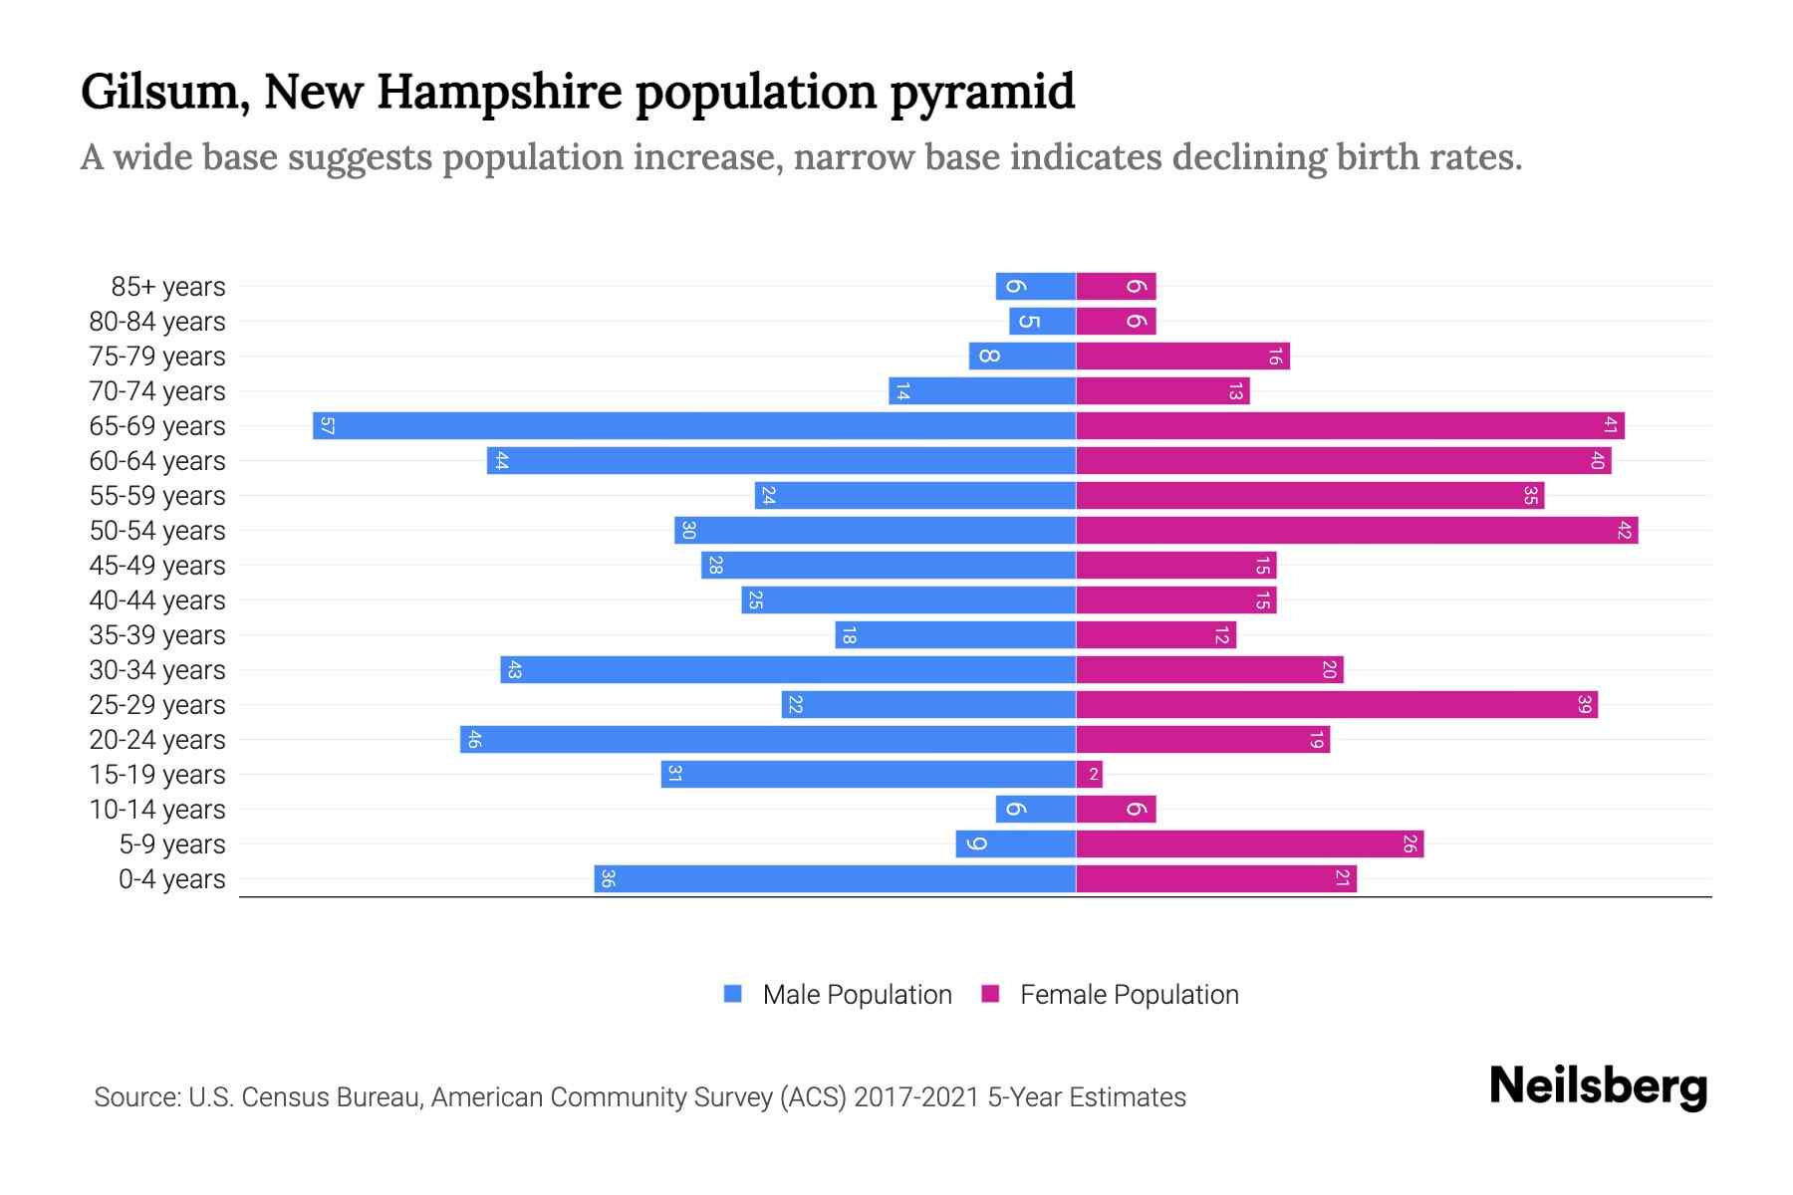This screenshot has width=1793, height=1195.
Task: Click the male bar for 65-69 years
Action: (x=694, y=426)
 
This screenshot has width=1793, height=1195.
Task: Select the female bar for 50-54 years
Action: (x=1357, y=531)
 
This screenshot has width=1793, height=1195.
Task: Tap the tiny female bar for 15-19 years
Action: (x=1089, y=775)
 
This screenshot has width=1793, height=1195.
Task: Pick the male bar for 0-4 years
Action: (x=835, y=879)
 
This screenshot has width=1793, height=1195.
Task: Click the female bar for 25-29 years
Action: (x=1337, y=705)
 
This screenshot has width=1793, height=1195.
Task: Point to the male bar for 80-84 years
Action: (x=1042, y=322)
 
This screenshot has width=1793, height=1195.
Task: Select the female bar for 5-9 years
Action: (x=1250, y=844)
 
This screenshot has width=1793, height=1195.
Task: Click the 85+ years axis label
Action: (x=168, y=287)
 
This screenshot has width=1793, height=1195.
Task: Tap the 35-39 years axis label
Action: (x=157, y=635)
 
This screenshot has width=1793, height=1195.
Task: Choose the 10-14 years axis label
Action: (x=157, y=810)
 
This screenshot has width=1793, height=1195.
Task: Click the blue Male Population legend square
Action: (x=733, y=994)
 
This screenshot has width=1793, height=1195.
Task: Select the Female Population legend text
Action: (x=1129, y=995)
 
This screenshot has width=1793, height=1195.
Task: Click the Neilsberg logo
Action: (x=1598, y=1086)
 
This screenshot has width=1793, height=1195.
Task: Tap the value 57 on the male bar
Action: (x=327, y=426)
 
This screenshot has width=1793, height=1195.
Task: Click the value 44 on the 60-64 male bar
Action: (x=501, y=461)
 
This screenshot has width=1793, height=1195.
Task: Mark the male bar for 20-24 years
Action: (x=768, y=740)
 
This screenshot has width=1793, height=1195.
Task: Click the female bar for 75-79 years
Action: (x=1182, y=357)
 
